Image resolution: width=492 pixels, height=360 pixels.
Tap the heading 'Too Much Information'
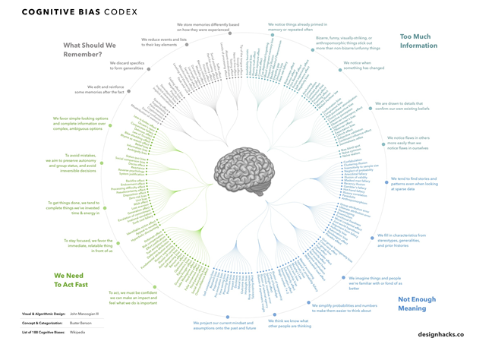(x=419, y=40)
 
